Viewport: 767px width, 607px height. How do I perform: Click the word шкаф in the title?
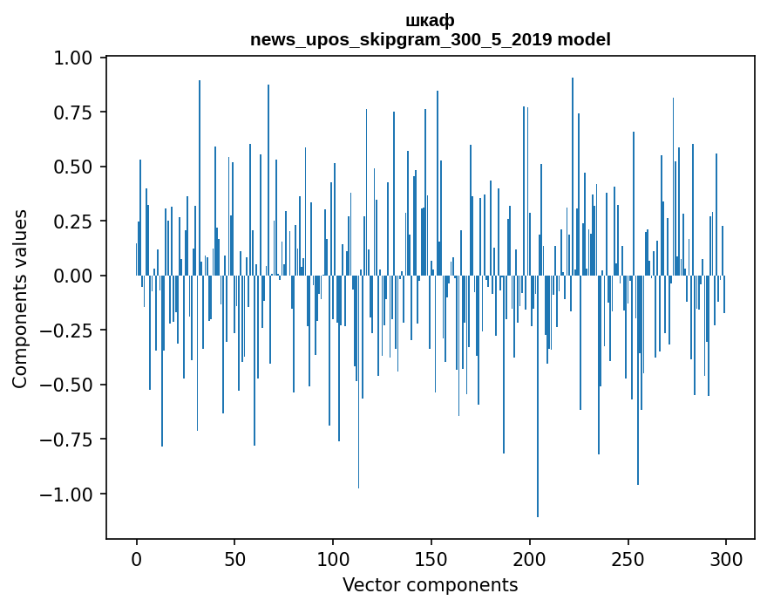coord(430,20)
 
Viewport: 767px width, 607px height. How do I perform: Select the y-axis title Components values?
coord(19,298)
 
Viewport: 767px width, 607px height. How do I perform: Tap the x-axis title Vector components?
coord(430,585)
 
